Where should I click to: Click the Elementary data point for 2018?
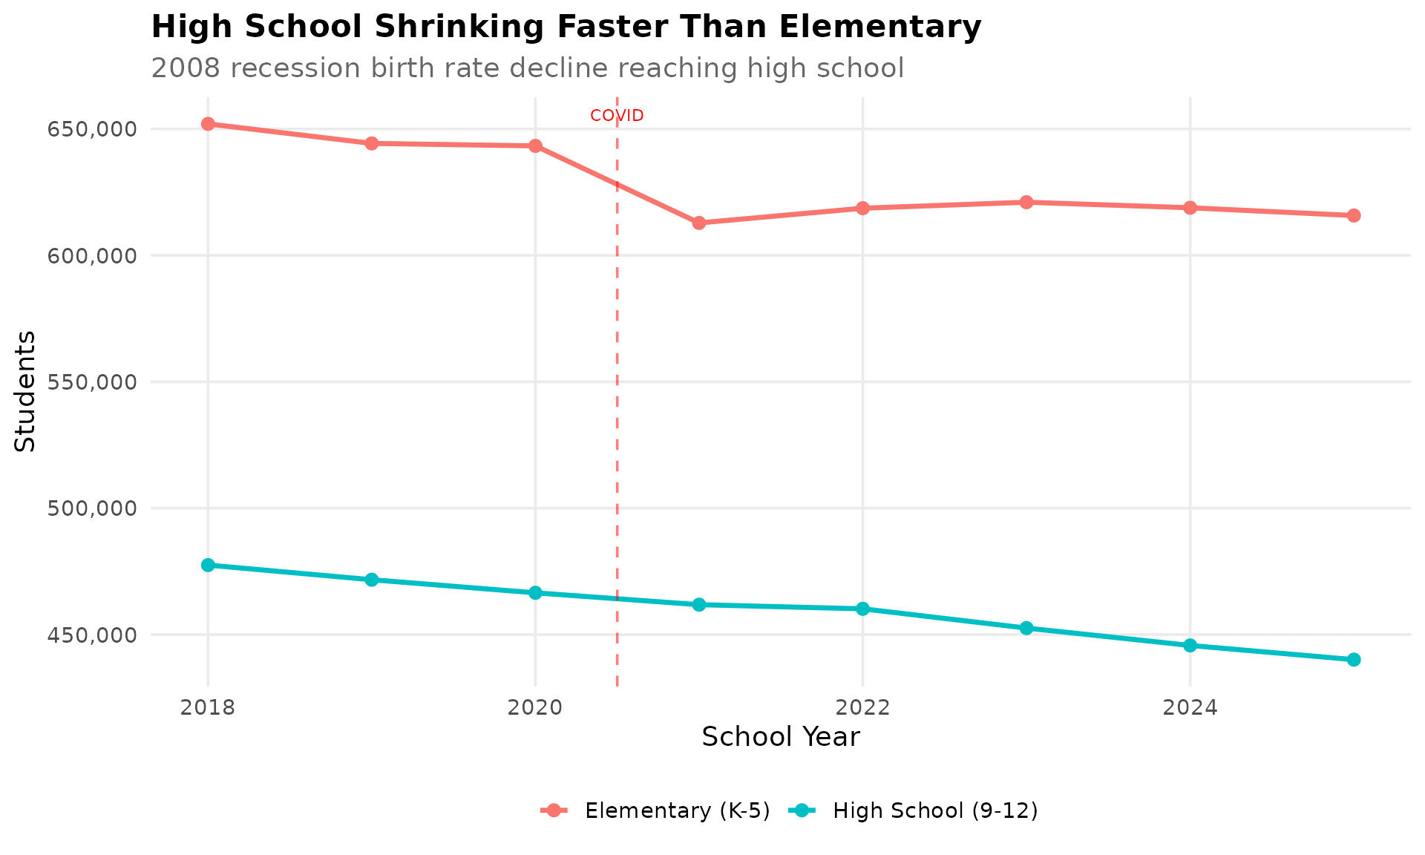(208, 124)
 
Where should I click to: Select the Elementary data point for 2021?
(699, 223)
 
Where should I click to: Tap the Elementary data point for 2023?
(1026, 202)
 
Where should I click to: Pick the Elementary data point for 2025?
(1354, 215)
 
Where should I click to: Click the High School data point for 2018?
(208, 565)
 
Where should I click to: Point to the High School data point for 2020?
(535, 593)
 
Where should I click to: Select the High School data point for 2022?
(862, 609)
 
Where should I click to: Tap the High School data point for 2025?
(1354, 659)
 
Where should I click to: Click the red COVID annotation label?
(617, 116)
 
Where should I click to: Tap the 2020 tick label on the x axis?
(535, 708)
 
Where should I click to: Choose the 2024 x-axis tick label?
(1190, 708)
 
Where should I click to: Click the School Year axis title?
(780, 737)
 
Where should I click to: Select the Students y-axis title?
(25, 390)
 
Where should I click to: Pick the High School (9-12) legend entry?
(934, 810)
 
